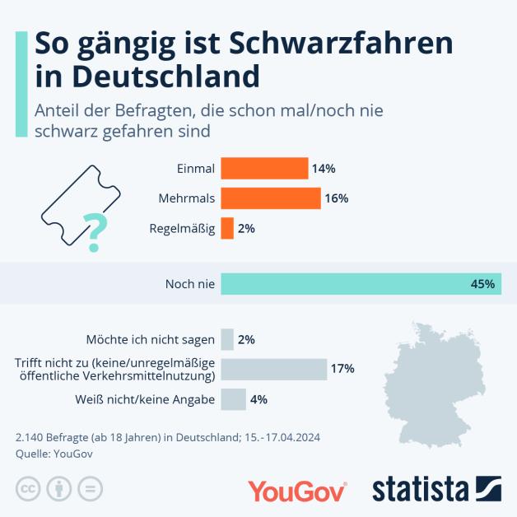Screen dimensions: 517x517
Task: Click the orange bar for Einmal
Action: point(264,168)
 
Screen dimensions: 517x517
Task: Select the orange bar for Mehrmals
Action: point(271,198)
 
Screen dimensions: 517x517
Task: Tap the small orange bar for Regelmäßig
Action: point(227,229)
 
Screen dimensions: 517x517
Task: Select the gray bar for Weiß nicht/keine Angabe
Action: point(233,399)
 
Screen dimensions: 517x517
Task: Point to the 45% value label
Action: point(482,284)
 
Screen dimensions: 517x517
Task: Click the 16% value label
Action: point(336,198)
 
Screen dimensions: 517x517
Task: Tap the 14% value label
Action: point(324,168)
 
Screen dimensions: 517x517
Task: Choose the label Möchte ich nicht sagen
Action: point(151,339)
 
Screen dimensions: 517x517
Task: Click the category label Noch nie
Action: point(190,284)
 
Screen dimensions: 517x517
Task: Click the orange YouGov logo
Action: point(297,491)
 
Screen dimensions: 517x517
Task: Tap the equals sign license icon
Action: point(90,489)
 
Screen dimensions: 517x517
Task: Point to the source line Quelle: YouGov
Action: point(54,453)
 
